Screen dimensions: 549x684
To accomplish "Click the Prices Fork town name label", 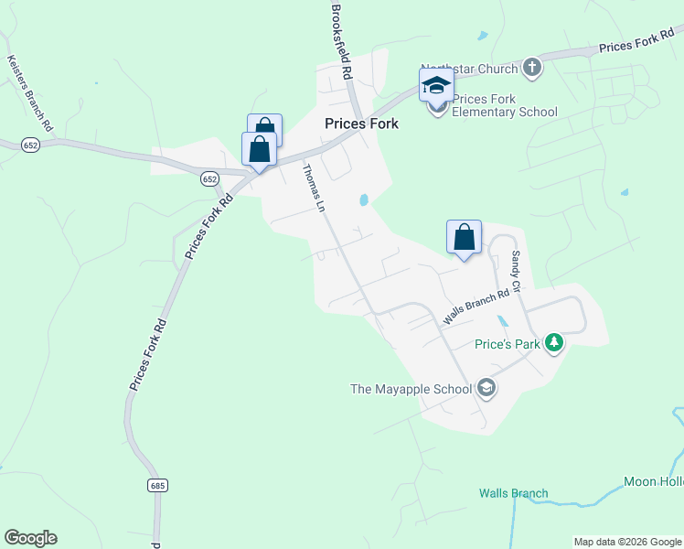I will point(361,124).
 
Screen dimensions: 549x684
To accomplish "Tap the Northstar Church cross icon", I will point(532,67).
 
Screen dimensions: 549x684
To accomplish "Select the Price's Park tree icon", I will point(552,343).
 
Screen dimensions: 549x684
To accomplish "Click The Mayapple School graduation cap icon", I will point(486,388).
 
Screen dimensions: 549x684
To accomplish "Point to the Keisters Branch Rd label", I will point(30,91).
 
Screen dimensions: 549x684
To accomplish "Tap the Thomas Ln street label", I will point(314,188).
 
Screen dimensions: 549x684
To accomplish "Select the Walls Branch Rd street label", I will point(476,307).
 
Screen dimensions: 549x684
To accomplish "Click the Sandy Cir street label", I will point(515,272).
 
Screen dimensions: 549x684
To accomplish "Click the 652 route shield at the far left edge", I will point(30,145).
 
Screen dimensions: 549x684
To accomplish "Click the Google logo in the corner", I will point(30,538).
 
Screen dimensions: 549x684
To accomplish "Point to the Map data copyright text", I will point(628,542).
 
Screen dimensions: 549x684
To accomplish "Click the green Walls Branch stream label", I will point(513,493).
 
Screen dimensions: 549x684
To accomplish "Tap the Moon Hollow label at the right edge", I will point(653,481).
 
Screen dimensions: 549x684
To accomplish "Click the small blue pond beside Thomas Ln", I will point(364,199).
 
